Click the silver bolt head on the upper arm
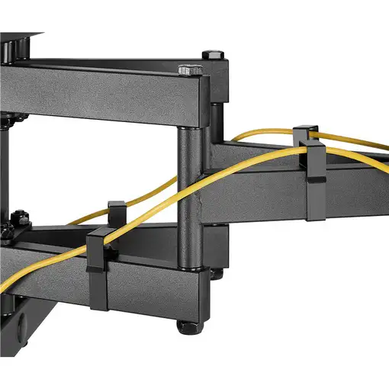188,69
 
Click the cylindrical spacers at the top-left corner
9,47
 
